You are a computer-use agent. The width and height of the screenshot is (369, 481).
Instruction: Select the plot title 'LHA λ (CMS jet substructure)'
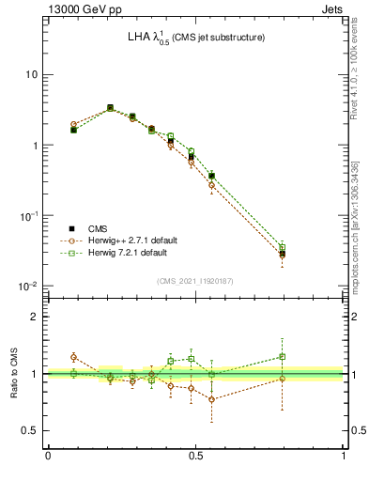tap(196, 38)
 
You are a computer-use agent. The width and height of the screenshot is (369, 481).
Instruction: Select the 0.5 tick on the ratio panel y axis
tap(31, 430)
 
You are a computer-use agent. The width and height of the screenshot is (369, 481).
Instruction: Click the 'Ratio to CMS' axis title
tap(13, 373)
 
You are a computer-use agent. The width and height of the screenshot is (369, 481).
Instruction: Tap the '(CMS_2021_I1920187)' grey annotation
tap(195, 281)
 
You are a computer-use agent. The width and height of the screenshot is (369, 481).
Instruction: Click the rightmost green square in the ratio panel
tap(283, 357)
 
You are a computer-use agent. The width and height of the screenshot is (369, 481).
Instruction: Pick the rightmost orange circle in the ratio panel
tap(283, 379)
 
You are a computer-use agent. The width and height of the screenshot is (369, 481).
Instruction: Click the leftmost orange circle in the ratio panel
tap(73, 357)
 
